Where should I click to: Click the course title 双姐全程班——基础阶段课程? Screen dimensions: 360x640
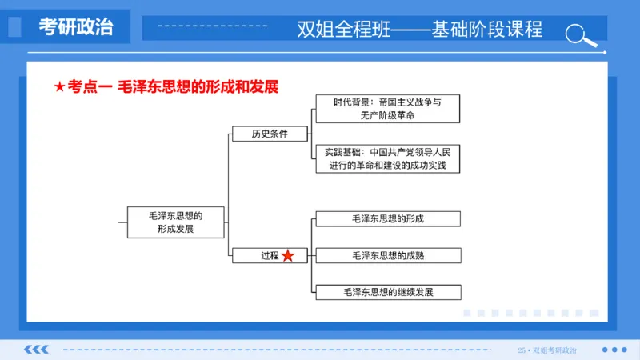pos(419,30)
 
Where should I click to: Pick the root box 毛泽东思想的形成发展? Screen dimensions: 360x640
pos(175,222)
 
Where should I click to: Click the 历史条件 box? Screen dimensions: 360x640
pos(269,134)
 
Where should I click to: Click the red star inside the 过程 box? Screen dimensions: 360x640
pos(288,255)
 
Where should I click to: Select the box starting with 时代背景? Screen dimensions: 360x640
pos(386,109)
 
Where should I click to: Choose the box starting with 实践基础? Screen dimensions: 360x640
pos(386,158)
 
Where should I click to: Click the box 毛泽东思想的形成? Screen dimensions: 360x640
pos(387,218)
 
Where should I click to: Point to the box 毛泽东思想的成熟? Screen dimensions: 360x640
pos(387,255)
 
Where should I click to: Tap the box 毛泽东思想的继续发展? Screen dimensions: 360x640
pos(387,292)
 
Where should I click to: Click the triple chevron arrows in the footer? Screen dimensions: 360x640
pos(36,350)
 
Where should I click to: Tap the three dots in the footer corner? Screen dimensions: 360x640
pos(614,350)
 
